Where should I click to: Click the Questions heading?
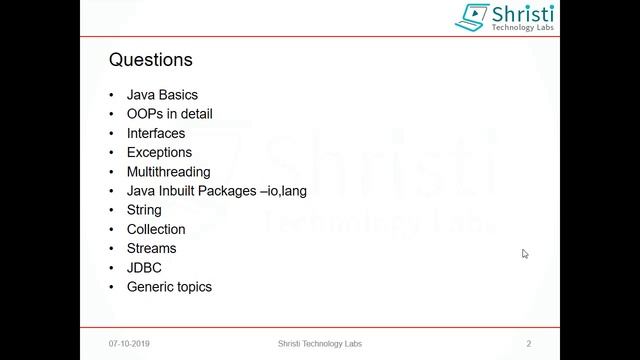click(x=150, y=60)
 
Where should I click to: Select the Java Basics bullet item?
click(x=162, y=95)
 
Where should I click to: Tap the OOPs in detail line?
click(x=169, y=114)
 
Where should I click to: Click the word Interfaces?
click(x=155, y=133)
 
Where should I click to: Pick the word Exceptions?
click(x=159, y=152)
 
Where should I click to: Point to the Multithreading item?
click(x=168, y=172)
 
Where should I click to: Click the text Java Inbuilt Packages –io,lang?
click(x=216, y=191)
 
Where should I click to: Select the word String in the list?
click(x=144, y=210)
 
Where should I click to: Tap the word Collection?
click(x=156, y=229)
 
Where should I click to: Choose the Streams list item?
click(x=151, y=248)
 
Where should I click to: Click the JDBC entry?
click(x=144, y=268)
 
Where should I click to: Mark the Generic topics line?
click(x=169, y=287)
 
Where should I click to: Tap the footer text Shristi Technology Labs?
click(x=320, y=344)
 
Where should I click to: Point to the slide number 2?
click(x=528, y=344)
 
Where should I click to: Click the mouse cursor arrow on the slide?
click(x=525, y=254)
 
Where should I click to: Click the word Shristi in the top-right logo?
click(x=521, y=13)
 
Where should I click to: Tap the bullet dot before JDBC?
click(x=112, y=268)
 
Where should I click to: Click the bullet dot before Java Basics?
click(x=112, y=95)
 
